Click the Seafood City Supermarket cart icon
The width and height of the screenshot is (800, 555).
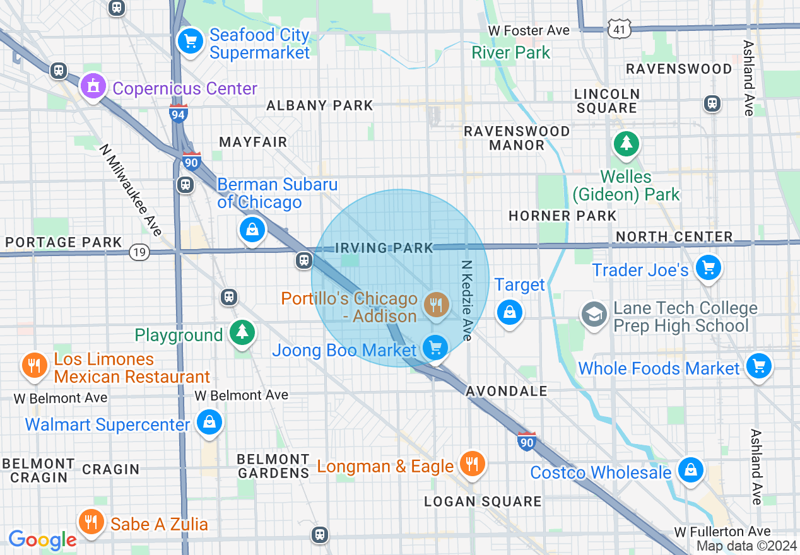pyautogui.click(x=189, y=41)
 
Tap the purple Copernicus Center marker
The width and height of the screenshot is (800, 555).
pyautogui.click(x=93, y=86)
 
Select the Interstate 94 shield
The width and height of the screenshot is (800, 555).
pyautogui.click(x=179, y=114)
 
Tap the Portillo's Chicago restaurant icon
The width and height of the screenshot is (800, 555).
pyautogui.click(x=436, y=305)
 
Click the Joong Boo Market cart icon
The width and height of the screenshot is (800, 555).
pyautogui.click(x=435, y=347)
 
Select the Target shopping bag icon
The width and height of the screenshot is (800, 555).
pyautogui.click(x=509, y=312)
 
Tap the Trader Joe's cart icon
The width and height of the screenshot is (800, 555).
pyautogui.click(x=708, y=267)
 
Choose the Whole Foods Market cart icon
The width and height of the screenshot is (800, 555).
pyautogui.click(x=758, y=365)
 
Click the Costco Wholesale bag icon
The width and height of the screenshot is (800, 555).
pyautogui.click(x=691, y=470)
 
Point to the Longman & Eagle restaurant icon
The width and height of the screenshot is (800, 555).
pyautogui.click(x=471, y=464)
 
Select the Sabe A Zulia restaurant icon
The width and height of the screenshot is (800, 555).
pyautogui.click(x=91, y=522)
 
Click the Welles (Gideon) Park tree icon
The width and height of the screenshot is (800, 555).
pyautogui.click(x=626, y=144)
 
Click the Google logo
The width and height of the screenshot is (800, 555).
pyautogui.click(x=42, y=540)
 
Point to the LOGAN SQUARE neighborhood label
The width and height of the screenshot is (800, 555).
pyautogui.click(x=483, y=501)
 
